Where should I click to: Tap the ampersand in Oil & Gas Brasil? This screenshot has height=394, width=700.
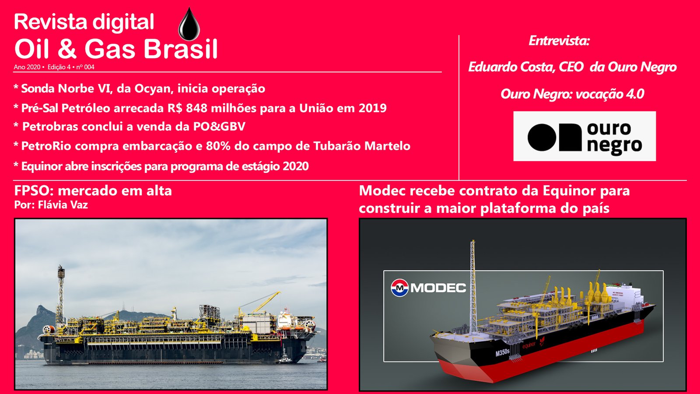(67, 49)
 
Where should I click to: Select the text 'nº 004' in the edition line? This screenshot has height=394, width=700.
(85, 67)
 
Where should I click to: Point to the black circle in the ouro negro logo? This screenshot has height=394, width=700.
(541, 137)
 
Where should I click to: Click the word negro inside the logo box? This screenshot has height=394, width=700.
(614, 146)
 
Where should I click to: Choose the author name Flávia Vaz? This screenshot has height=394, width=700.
(63, 205)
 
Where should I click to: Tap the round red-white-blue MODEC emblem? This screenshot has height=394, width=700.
(400, 287)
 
